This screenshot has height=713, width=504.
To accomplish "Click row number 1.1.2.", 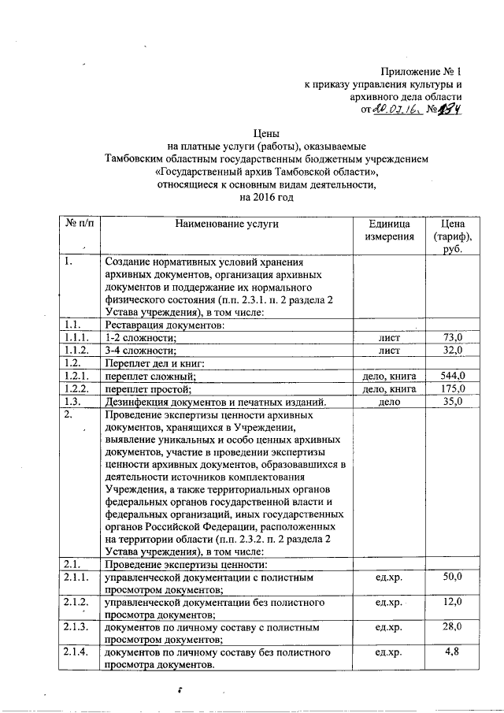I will click(x=78, y=351).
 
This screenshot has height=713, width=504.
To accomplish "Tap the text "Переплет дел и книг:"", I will click(x=155, y=363).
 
